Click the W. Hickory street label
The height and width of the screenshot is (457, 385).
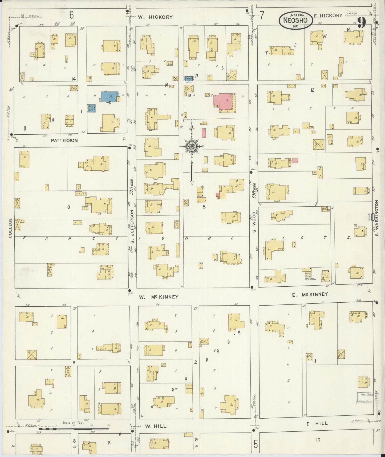[x=155, y=17]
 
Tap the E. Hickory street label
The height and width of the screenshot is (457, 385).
[x=328, y=15]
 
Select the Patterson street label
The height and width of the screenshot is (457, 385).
[x=64, y=140]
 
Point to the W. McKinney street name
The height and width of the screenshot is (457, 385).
[x=159, y=297]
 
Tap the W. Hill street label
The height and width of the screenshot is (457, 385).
[x=156, y=426]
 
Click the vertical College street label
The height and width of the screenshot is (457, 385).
[x=10, y=228]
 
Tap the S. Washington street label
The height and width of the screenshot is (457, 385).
[x=377, y=218]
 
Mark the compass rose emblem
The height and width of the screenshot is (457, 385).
[x=191, y=146]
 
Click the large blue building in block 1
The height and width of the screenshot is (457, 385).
[x=109, y=97]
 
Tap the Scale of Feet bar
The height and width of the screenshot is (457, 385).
[x=74, y=429]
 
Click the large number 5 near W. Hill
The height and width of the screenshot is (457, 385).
[x=256, y=444]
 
